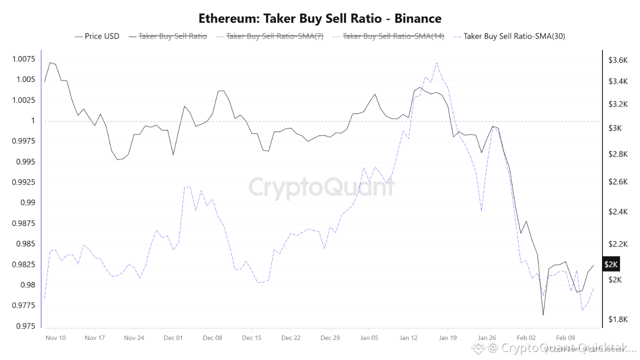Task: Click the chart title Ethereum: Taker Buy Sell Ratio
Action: point(320,19)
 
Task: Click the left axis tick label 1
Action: point(33,121)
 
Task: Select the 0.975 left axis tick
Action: point(25,326)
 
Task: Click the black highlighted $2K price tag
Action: point(611,264)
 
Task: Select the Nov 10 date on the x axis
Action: point(55,338)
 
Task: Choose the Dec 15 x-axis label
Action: point(251,338)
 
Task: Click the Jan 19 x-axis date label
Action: point(447,338)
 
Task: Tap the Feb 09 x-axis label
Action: point(565,338)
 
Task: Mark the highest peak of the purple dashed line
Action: point(436,62)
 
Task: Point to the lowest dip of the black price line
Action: point(543,315)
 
